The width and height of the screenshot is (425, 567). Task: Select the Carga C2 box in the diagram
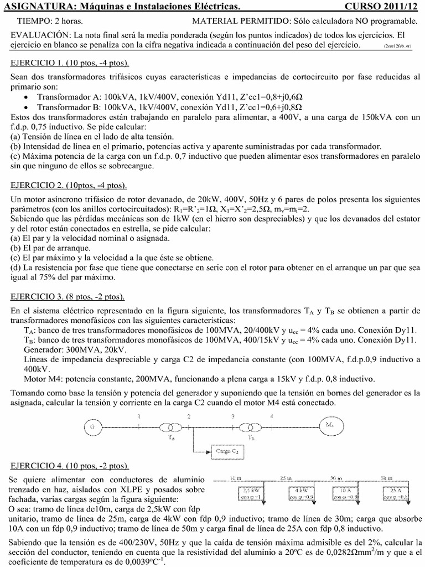click(x=227, y=452)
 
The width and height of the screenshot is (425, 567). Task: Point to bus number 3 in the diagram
click(x=234, y=416)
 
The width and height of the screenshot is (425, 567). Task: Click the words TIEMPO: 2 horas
click(x=50, y=21)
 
